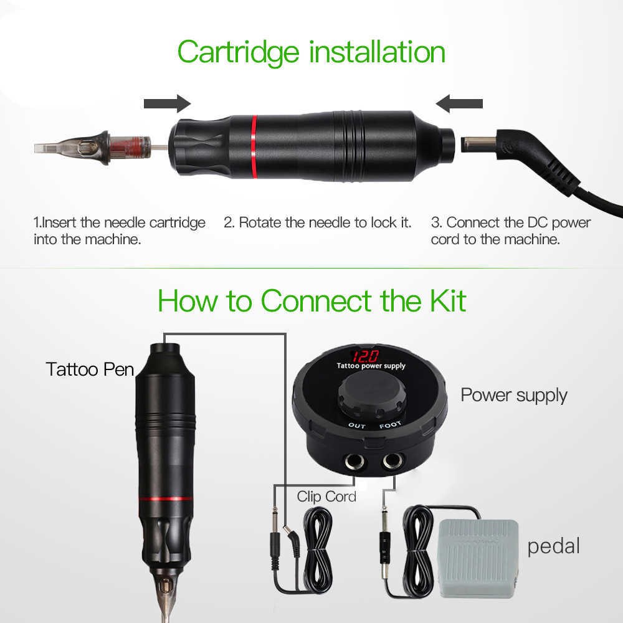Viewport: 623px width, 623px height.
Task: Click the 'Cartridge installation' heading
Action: point(311,52)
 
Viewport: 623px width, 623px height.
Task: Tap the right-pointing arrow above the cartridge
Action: point(167,103)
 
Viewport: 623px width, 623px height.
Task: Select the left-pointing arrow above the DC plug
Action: point(459,103)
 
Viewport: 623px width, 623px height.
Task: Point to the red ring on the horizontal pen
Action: point(254,146)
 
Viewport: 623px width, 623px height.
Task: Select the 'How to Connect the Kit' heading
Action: point(312,301)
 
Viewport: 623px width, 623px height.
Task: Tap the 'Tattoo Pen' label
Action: point(90,369)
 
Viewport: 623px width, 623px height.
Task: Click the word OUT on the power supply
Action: point(357,426)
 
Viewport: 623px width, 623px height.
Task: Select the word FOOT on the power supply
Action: point(390,425)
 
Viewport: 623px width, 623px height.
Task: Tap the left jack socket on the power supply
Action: point(354,462)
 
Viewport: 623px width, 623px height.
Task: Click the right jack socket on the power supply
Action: point(392,461)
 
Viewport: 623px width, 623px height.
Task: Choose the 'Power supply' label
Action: point(514,396)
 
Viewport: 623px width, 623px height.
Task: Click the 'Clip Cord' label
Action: point(326,497)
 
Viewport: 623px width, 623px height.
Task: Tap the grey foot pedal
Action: point(478,558)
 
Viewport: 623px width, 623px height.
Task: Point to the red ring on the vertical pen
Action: point(166,499)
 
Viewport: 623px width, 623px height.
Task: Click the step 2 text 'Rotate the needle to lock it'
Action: point(317,222)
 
